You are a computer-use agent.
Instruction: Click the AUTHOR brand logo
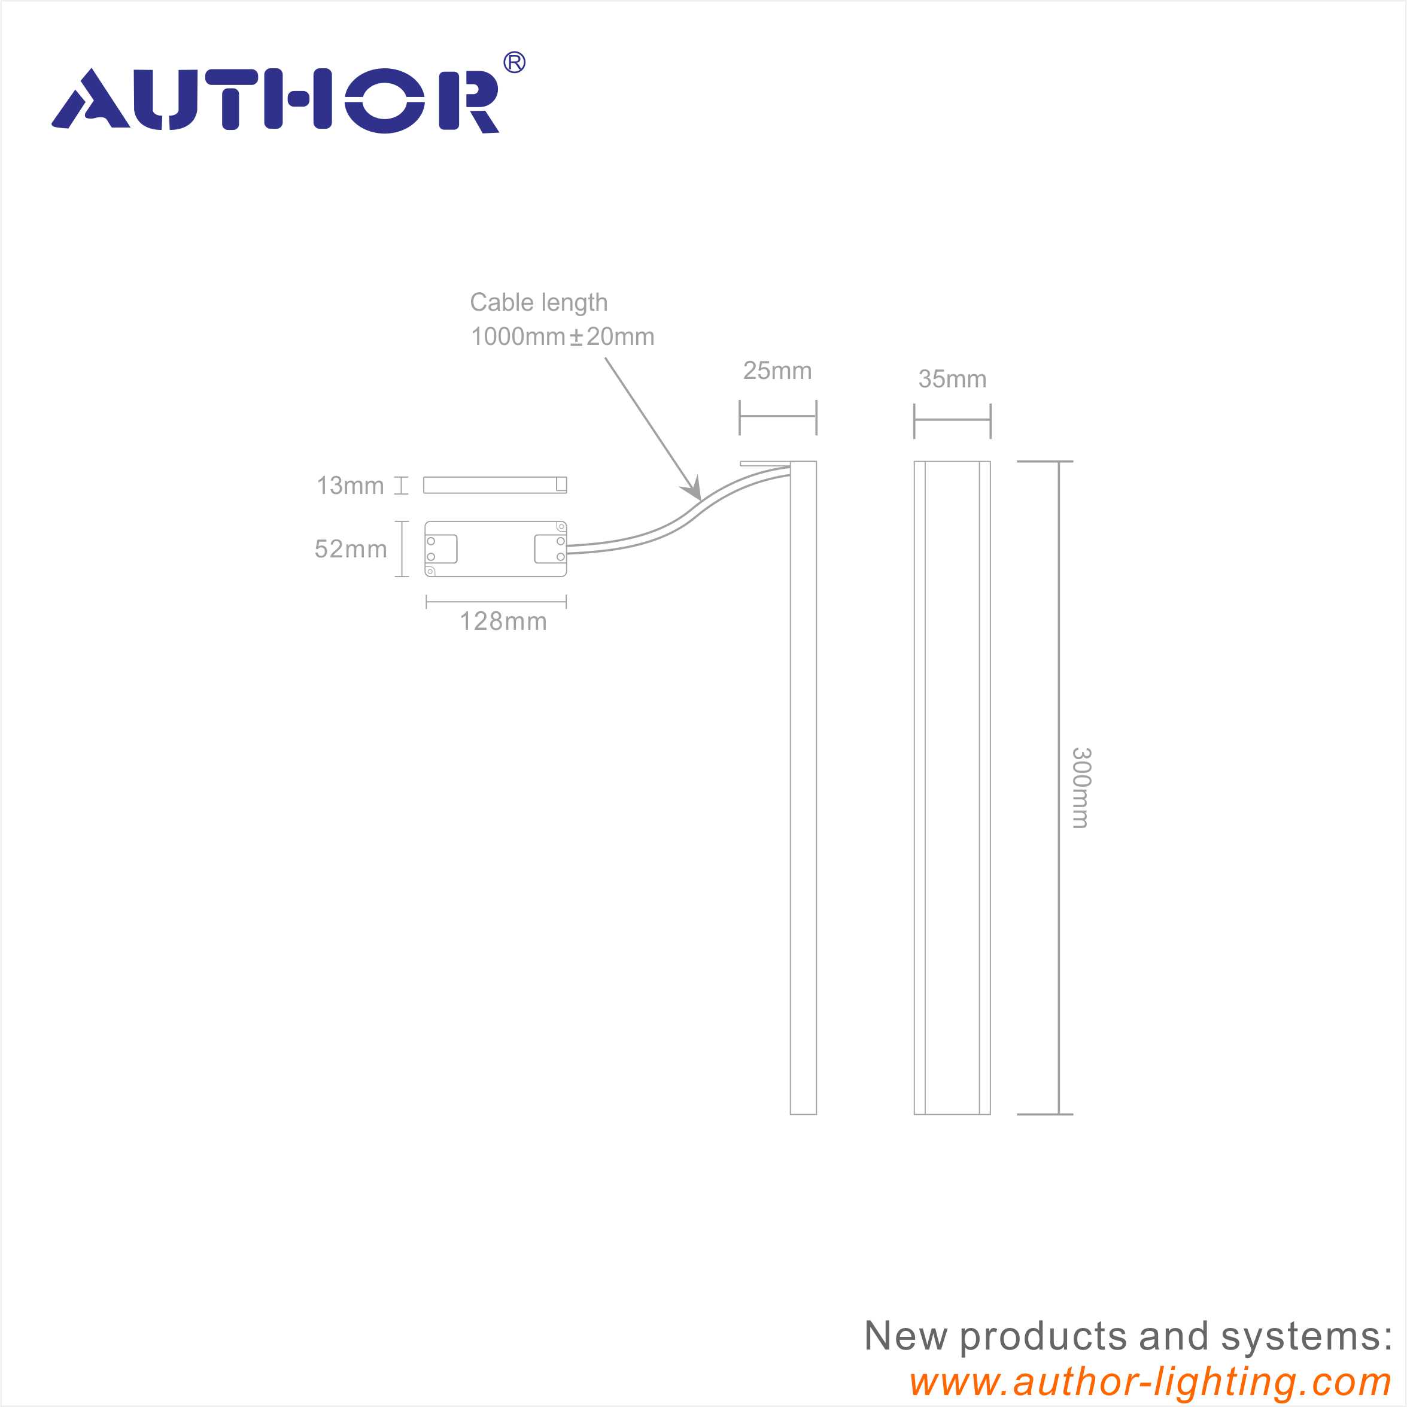(x=276, y=100)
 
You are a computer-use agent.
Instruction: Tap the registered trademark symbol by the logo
(x=514, y=63)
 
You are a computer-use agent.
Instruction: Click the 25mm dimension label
(x=777, y=371)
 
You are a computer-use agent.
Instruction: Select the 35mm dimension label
(x=952, y=380)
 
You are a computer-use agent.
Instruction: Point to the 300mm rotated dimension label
(x=1081, y=788)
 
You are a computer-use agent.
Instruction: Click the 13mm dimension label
(x=350, y=486)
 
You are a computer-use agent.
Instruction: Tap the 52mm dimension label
(x=350, y=548)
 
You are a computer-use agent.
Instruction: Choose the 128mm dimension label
(x=503, y=621)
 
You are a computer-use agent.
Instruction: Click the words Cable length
(x=538, y=302)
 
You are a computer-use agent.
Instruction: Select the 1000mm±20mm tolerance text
(x=562, y=336)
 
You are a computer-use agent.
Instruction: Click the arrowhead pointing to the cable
(x=695, y=490)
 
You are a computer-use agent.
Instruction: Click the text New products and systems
(x=1127, y=1336)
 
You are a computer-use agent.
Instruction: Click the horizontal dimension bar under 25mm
(x=778, y=417)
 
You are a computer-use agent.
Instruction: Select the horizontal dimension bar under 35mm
(x=952, y=420)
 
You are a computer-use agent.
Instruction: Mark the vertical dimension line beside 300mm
(x=1058, y=788)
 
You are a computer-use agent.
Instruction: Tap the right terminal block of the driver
(x=550, y=548)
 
